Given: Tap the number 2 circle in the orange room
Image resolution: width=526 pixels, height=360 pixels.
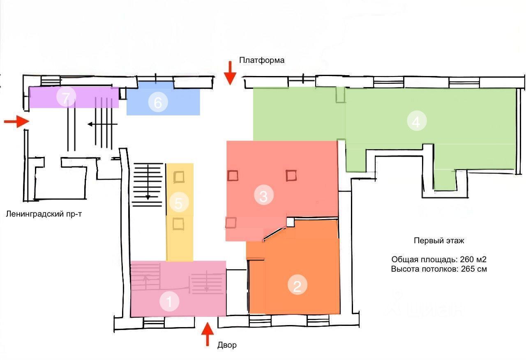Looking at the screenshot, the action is click(298, 286).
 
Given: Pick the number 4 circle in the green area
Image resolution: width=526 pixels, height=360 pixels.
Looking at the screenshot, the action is click(417, 122).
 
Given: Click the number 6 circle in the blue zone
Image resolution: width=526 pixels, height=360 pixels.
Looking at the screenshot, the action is click(158, 103).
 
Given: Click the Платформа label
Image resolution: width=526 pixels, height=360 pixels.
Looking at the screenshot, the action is click(262, 60).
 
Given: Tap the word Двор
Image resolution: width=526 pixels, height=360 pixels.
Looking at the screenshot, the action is click(227, 345).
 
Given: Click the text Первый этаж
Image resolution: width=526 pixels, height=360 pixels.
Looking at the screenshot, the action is click(439, 241).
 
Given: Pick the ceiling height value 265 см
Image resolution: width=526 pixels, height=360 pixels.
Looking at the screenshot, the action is click(473, 269).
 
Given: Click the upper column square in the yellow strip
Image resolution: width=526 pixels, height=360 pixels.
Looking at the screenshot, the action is click(179, 177).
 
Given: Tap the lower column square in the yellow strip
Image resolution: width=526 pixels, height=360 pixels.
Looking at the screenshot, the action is click(178, 224).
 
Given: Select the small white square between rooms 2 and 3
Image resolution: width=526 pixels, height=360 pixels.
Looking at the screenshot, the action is click(291, 222).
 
